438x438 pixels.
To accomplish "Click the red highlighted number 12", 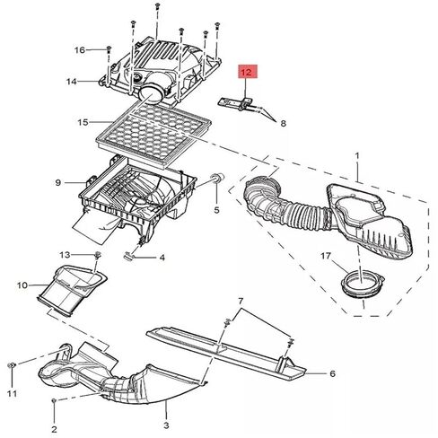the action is tap(248, 72).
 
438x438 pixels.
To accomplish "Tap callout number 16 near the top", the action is tap(80, 49).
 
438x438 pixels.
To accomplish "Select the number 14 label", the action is tap(72, 82).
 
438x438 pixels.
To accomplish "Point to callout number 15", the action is tap(83, 122).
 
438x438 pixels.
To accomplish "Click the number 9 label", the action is tap(58, 182).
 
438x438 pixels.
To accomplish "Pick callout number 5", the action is tap(216, 210).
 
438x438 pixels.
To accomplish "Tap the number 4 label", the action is tap(162, 258).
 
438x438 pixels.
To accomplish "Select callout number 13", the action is tap(65, 255).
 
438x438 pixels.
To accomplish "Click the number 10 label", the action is tap(22, 285).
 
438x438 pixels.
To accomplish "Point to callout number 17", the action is tap(326, 256).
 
